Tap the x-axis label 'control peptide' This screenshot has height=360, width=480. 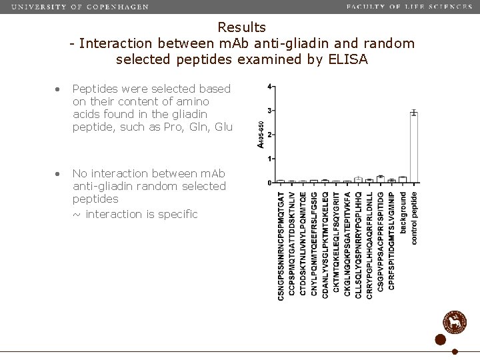pyautogui.click(x=414, y=218)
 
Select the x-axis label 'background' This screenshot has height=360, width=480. pyautogui.click(x=403, y=213)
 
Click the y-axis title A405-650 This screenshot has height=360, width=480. pyautogui.click(x=260, y=134)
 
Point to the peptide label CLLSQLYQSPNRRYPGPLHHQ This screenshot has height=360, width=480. pyautogui.click(x=358, y=245)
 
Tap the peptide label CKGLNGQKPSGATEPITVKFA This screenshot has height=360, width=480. pyautogui.click(x=347, y=245)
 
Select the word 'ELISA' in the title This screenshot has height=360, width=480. pyautogui.click(x=348, y=59)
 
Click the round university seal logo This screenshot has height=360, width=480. pyautogui.click(x=455, y=322)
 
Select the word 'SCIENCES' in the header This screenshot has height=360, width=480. pyautogui.click(x=449, y=7)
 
